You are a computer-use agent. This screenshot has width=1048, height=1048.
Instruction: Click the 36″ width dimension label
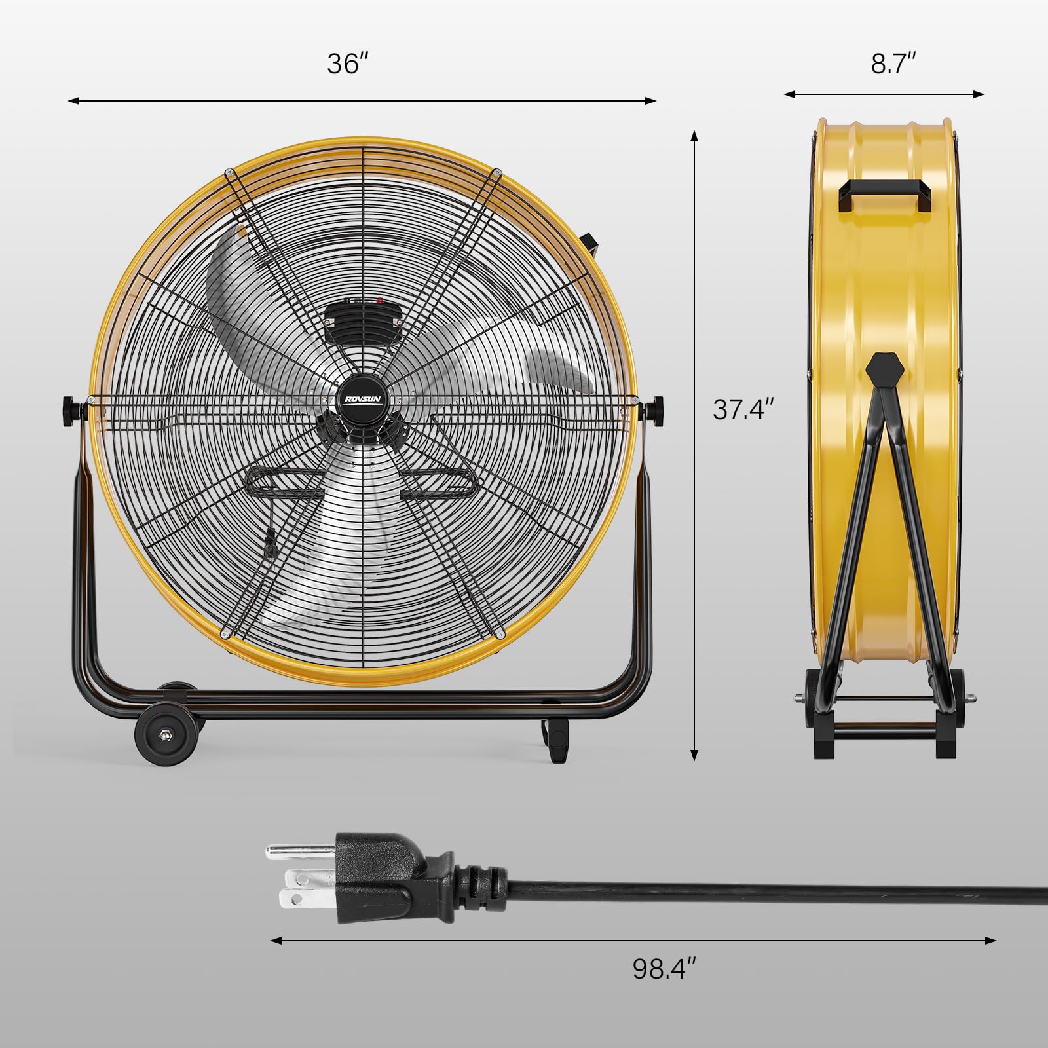(348, 64)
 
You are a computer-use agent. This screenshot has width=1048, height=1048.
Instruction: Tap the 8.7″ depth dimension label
(893, 64)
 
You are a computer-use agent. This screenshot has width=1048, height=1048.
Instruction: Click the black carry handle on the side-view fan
(884, 195)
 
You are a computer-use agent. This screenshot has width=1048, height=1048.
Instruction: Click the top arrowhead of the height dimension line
(694, 135)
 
